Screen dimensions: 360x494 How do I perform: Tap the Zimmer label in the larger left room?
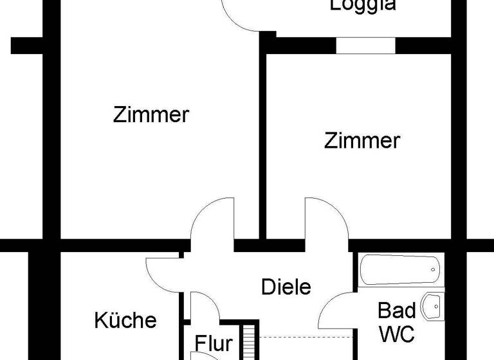[x=151, y=115]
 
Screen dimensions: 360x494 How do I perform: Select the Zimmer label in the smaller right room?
[x=362, y=140]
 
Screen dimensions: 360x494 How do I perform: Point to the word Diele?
[x=286, y=287]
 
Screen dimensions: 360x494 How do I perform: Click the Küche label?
[x=125, y=319]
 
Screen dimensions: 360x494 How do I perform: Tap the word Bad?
[x=396, y=310]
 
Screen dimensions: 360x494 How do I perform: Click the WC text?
[x=396, y=334]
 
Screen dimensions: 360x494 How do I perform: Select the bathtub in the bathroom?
[x=400, y=270]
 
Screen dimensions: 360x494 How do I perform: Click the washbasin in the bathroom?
[x=434, y=307]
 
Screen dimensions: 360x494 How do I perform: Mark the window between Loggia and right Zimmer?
[x=365, y=46]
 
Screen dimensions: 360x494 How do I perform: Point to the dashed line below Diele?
[x=306, y=336]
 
